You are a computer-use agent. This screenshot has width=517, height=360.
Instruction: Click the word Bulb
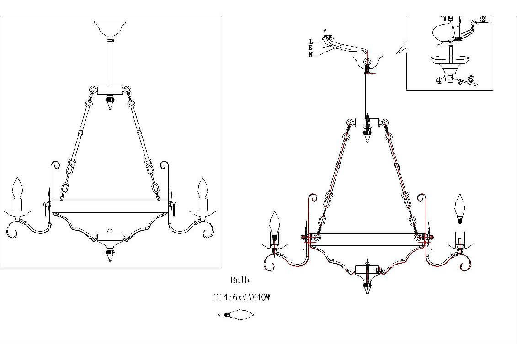(x=240, y=280)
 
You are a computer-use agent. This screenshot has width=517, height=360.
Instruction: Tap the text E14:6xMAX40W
(x=242, y=297)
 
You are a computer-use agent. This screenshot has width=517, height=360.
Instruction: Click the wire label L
(x=310, y=42)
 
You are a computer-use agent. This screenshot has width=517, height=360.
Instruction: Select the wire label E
(x=310, y=48)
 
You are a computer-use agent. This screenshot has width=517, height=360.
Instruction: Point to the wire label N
(x=310, y=55)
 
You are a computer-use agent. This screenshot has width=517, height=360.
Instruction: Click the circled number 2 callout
(x=483, y=19)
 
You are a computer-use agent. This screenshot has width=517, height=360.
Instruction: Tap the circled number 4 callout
(x=439, y=80)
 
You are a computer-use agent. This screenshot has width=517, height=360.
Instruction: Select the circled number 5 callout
(x=471, y=79)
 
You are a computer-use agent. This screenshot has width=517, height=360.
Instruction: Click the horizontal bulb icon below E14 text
(x=239, y=314)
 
